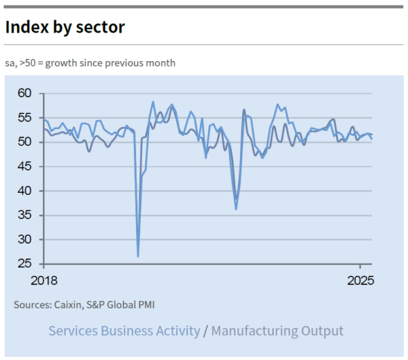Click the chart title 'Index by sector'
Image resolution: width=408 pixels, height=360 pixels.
click(x=65, y=27)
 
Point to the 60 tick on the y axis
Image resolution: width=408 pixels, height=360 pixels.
click(x=26, y=93)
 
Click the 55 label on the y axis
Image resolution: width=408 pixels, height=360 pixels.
click(x=26, y=118)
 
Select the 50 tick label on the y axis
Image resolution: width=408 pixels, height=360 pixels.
click(x=26, y=142)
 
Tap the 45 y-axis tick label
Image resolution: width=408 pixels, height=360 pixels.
click(x=26, y=166)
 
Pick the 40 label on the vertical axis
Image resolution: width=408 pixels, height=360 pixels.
click(x=26, y=191)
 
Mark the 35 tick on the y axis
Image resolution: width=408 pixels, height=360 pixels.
click(x=26, y=215)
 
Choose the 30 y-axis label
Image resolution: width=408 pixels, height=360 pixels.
click(x=26, y=240)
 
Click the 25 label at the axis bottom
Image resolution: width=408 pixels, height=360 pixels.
click(x=26, y=264)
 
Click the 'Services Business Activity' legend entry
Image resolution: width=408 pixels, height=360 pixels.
click(x=124, y=331)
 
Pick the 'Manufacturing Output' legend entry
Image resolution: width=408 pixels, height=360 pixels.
click(x=277, y=331)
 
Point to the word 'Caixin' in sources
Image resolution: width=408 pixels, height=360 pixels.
click(x=68, y=305)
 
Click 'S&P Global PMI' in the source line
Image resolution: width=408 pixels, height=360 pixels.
click(x=124, y=305)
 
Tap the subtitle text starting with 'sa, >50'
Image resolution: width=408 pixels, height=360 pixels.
click(x=90, y=63)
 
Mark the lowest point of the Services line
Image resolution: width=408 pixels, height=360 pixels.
click(x=138, y=256)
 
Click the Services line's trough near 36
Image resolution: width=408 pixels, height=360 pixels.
click(x=236, y=209)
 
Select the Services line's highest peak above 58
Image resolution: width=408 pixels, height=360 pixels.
click(x=153, y=102)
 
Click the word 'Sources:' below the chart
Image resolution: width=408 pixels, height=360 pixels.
click(x=32, y=305)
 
